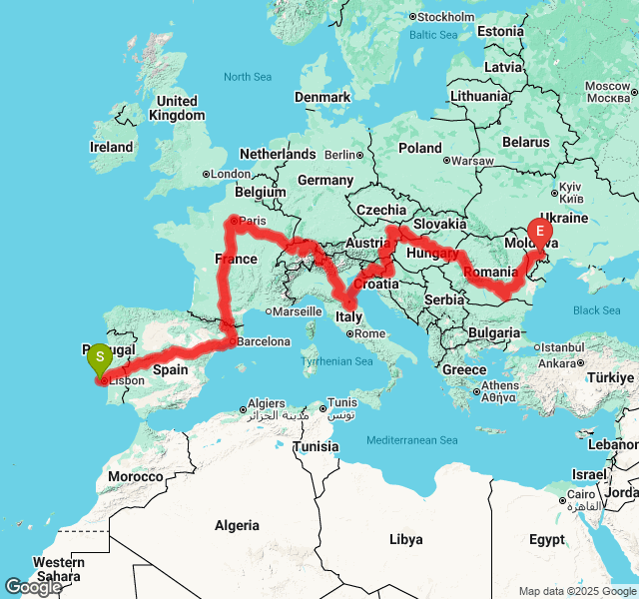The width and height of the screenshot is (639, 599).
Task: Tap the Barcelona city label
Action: pyautogui.click(x=264, y=341)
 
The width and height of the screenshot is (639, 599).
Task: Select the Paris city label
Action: pyautogui.click(x=254, y=221)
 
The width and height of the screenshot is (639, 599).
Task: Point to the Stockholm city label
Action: pyautogui.click(x=445, y=17)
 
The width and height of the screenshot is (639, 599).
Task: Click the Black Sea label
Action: pyautogui.click(x=597, y=310)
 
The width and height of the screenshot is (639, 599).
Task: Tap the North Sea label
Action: pyautogui.click(x=248, y=77)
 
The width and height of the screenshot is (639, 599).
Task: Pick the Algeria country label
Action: pyautogui.click(x=237, y=525)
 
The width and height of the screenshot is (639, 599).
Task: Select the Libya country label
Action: pyautogui.click(x=405, y=539)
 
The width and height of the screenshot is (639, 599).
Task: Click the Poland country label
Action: pyautogui.click(x=420, y=148)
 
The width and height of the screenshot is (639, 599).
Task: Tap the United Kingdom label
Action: pyautogui.click(x=177, y=108)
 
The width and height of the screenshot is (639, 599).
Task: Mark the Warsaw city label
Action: pyautogui.click(x=473, y=161)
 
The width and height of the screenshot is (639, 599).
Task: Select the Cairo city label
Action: pyautogui.click(x=581, y=496)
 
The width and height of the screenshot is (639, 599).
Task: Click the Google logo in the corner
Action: pyautogui.click(x=33, y=587)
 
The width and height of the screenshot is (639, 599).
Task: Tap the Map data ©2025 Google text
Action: pyautogui.click(x=577, y=591)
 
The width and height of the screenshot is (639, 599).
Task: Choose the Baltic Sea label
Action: pyautogui.click(x=432, y=35)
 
